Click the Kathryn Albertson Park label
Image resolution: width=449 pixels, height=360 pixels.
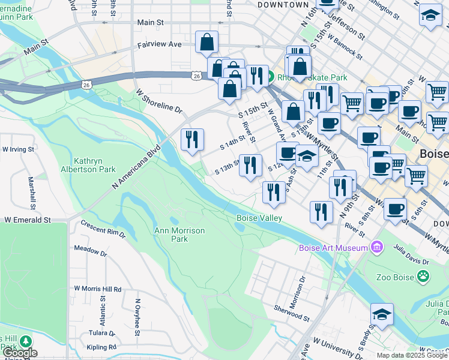point(95,165)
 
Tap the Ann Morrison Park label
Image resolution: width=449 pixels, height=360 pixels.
point(179,235)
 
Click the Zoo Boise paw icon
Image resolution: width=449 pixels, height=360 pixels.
point(424,277)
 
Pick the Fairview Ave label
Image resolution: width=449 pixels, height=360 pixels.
point(160,44)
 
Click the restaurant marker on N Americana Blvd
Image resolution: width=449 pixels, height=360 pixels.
point(193,140)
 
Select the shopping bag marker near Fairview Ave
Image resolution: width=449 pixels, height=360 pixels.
point(206,43)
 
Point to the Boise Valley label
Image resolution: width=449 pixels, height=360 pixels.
point(258,218)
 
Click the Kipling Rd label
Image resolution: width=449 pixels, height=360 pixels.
point(101,347)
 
